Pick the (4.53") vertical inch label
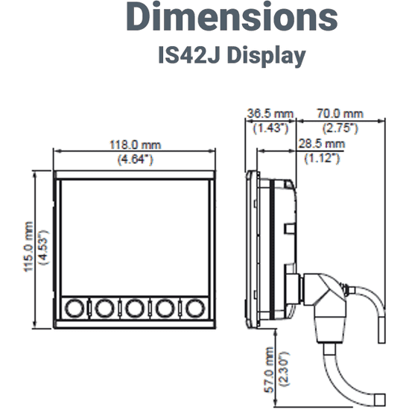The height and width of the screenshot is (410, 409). (42, 247)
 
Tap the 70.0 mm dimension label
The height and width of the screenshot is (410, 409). (341, 113)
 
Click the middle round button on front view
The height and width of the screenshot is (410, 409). (134, 307)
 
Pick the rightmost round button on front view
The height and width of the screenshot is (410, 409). (195, 307)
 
